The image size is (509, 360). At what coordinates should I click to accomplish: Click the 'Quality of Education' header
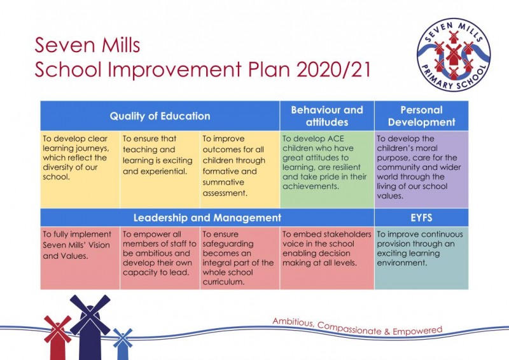(x=160, y=116)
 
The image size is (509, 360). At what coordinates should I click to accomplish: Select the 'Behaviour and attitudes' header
(x=326, y=115)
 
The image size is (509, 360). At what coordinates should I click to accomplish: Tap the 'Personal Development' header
(x=421, y=115)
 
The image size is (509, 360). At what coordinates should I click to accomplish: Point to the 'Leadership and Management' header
(x=207, y=218)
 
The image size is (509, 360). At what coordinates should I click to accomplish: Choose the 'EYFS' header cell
(x=421, y=218)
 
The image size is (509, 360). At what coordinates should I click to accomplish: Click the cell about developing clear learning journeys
(x=80, y=169)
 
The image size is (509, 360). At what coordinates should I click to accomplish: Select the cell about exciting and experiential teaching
(x=159, y=169)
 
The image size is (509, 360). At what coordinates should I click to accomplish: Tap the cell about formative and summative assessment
(x=239, y=169)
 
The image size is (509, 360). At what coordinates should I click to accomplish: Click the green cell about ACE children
(x=326, y=169)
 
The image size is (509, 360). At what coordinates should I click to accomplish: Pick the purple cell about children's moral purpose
(x=421, y=169)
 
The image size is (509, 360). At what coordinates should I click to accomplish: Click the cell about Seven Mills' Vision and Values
(x=80, y=258)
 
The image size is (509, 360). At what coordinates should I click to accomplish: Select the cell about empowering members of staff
(x=159, y=258)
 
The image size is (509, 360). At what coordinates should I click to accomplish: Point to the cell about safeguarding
(x=239, y=258)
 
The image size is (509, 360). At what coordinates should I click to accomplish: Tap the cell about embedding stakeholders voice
(x=326, y=258)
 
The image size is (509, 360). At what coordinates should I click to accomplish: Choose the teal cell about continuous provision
(x=421, y=258)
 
